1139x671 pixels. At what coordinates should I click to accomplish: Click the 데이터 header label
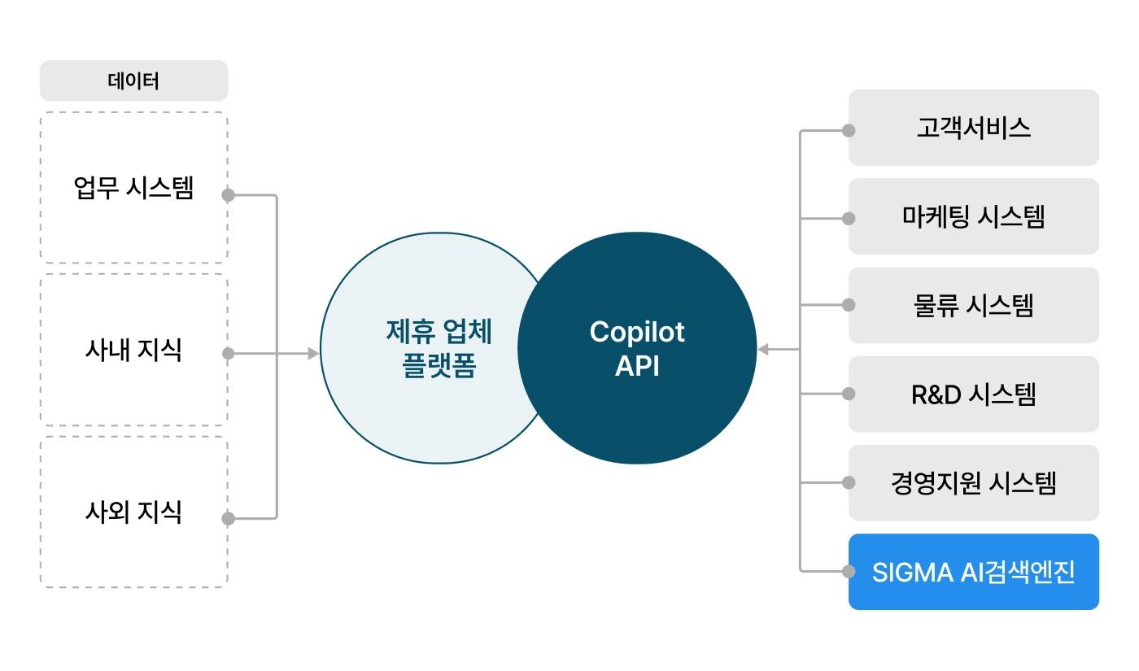133,81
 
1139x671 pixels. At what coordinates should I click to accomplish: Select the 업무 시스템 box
133,189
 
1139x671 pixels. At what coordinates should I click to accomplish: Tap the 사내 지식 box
133,350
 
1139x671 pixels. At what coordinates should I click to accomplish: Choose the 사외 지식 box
133,512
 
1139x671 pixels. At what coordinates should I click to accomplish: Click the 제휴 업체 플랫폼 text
439,349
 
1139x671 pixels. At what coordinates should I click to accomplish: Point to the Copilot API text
637,349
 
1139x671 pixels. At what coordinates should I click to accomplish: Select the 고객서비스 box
973,128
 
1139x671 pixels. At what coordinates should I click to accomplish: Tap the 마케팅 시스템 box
973,216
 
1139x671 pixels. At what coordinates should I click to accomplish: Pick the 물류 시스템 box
973,305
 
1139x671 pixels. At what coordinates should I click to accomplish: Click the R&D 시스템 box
973,394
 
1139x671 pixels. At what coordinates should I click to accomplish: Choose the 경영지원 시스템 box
973,483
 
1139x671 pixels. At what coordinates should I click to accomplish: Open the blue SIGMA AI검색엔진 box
973,572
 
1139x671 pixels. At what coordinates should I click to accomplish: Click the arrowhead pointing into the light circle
313,354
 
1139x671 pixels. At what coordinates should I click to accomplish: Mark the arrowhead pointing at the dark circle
763,350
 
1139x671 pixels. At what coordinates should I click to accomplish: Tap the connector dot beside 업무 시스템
229,195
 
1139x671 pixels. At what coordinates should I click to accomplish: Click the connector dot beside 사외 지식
229,518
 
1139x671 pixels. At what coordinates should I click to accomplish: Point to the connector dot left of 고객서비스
849,130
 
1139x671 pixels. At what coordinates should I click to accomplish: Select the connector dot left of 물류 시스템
849,305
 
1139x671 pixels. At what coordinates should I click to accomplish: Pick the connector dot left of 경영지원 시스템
849,482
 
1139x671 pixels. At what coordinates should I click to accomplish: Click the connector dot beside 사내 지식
229,354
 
